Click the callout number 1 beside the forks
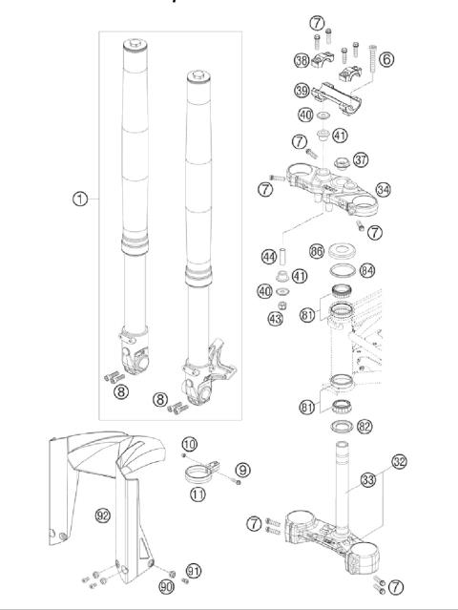(x=80, y=200)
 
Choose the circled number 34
(x=384, y=190)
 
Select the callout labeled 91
(x=195, y=570)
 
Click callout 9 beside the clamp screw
(x=243, y=469)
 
